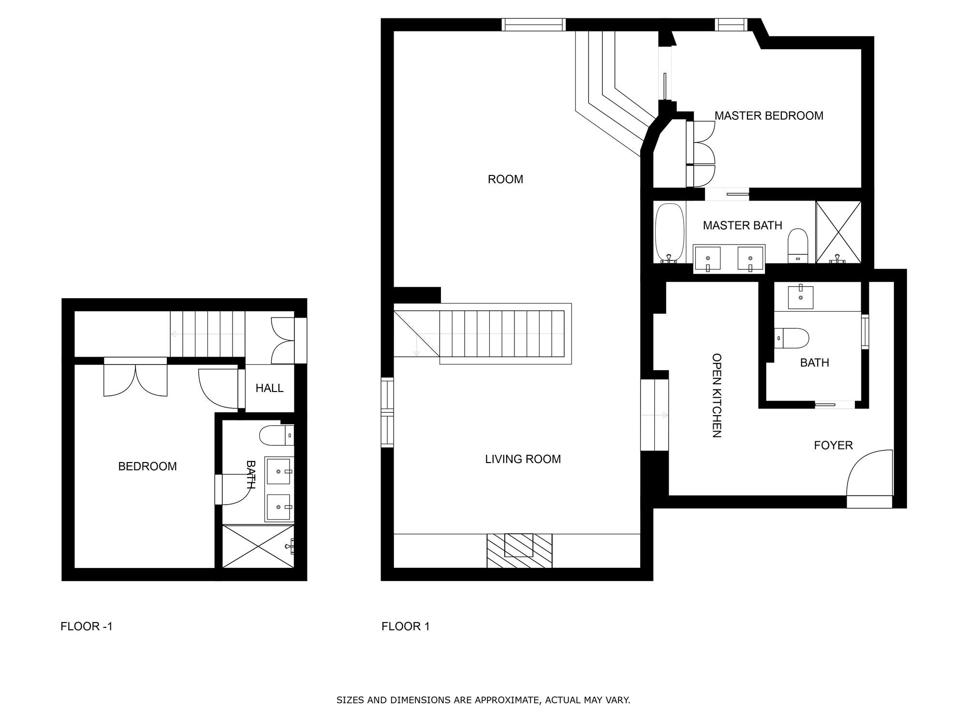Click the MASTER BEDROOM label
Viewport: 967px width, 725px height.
[769, 116]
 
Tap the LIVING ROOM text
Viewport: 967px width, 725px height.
[523, 459]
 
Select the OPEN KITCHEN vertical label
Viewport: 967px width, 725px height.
[717, 395]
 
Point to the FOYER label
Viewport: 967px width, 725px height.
[833, 445]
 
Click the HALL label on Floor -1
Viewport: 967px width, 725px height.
[269, 388]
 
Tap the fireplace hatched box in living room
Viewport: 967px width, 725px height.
[519, 551]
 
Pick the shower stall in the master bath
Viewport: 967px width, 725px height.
[838, 232]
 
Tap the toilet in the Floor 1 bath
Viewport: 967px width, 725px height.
[791, 338]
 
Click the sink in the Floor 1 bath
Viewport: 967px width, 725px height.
[800, 297]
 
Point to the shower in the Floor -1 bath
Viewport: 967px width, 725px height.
[258, 547]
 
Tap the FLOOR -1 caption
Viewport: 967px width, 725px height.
[87, 627]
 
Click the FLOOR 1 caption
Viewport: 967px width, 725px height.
[405, 627]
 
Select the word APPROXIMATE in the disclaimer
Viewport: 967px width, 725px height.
[506, 700]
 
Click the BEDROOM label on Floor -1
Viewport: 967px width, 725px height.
[147, 466]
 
